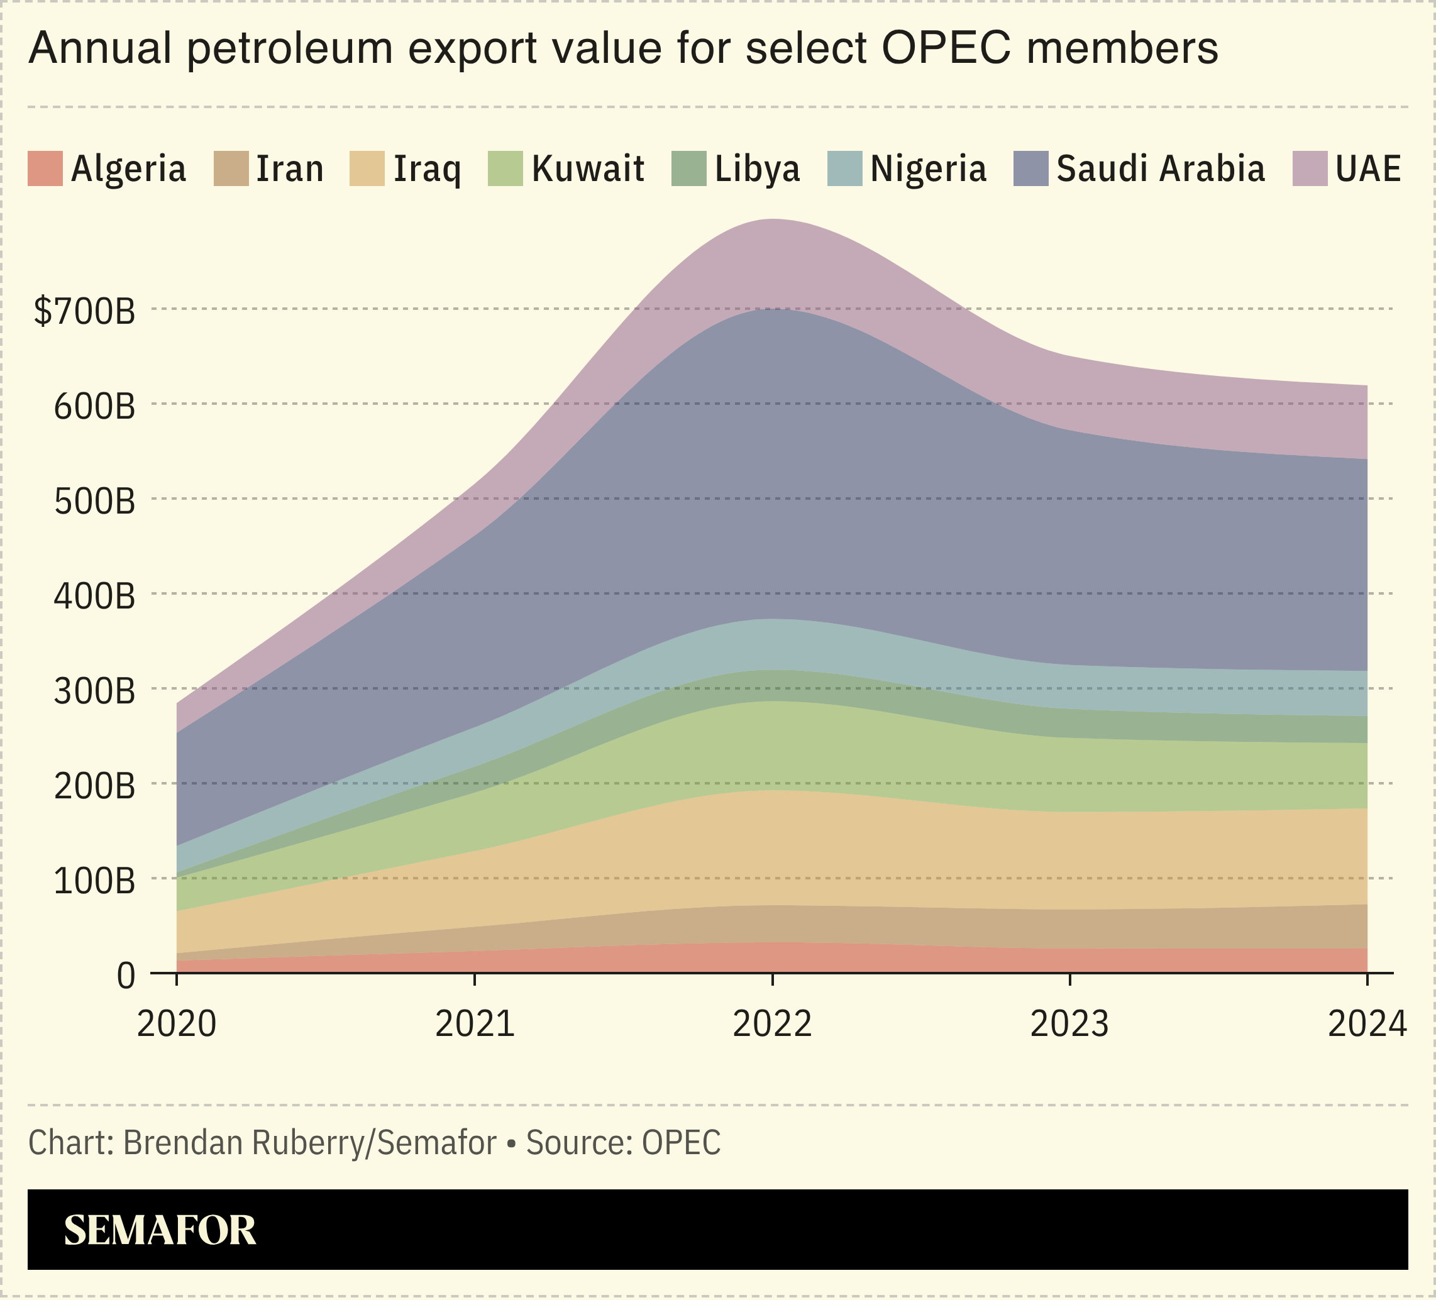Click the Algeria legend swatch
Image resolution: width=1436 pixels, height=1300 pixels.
click(45, 169)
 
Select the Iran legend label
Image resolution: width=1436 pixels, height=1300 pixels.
click(290, 169)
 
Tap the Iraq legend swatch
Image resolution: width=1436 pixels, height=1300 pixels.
click(367, 169)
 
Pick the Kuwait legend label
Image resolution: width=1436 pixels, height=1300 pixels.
click(588, 169)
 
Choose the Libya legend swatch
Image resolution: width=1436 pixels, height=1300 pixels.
click(689, 169)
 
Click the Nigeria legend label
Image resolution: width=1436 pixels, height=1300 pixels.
click(928, 169)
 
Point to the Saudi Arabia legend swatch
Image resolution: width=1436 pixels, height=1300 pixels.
click(1030, 169)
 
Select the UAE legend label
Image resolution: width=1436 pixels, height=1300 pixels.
click(1368, 169)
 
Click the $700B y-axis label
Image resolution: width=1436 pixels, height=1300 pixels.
click(84, 311)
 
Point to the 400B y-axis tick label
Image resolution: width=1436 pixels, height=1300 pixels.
click(94, 596)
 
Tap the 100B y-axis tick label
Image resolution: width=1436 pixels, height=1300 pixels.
click(94, 881)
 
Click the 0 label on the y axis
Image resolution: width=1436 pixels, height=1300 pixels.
click(125, 976)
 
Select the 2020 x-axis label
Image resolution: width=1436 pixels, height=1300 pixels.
click(177, 1024)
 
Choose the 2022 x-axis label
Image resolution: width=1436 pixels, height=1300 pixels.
click(772, 1024)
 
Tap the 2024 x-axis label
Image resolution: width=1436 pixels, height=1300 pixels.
click(1367, 1024)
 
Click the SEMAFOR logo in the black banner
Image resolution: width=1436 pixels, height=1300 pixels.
click(160, 1231)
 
